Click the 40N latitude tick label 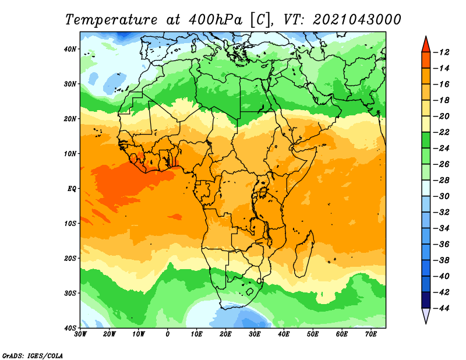pos(70,49)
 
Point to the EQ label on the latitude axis pos(72,189)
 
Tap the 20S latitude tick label pos(70,258)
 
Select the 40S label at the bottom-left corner pos(70,328)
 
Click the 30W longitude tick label pos(80,334)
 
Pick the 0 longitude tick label pos(168,334)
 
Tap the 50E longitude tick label pos(313,334)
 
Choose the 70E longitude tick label pos(371,334)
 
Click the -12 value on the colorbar pos(442,52)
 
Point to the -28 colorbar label pos(442,180)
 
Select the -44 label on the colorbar pos(442,308)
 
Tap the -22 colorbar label pos(442,132)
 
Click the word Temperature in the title pos(111,20)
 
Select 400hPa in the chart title pos(216,20)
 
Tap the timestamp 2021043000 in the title pos(356,20)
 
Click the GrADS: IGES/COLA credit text pos(33,356)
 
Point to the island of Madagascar pos(303,253)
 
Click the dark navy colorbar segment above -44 pos(426,300)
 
